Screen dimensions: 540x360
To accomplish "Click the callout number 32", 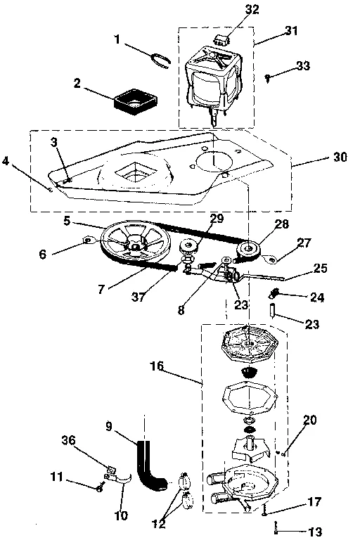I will [233, 11].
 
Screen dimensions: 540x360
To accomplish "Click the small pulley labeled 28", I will [247, 249].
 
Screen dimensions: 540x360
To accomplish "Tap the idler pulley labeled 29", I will [189, 247].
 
